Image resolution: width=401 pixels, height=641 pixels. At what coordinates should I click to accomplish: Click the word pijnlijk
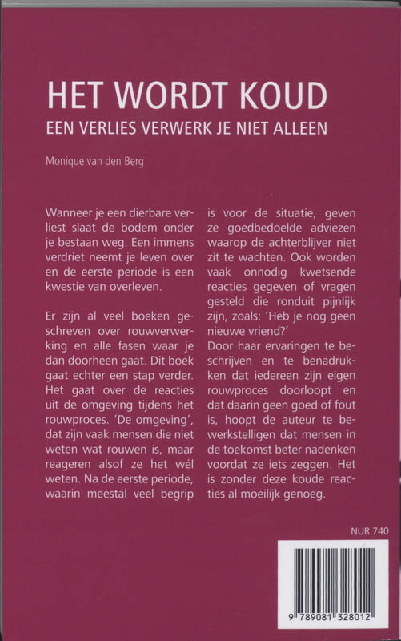(x=318, y=320)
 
